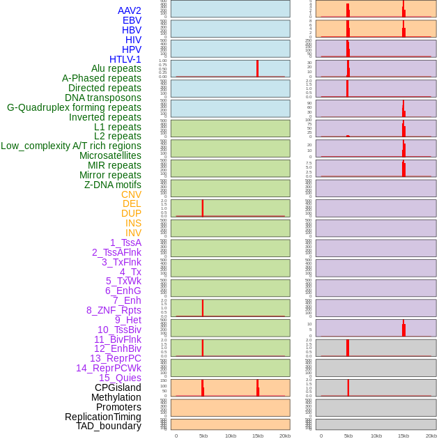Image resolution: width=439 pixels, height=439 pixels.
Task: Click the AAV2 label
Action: [x=129, y=10]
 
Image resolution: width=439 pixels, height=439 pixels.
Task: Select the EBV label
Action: [x=132, y=20]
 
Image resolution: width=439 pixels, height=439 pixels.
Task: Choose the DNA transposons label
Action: [x=102, y=98]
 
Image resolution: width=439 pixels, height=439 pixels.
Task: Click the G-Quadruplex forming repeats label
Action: [x=74, y=107]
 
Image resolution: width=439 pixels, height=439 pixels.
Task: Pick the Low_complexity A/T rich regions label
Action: [x=70, y=146]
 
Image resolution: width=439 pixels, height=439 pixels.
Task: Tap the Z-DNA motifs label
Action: [x=112, y=185]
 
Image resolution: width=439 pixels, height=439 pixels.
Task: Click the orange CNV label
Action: [x=131, y=194]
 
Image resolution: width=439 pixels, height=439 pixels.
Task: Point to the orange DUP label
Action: [x=131, y=213]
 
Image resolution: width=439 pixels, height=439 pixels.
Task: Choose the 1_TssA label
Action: [x=125, y=242]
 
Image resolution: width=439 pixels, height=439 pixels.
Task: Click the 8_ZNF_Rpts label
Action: [x=114, y=310]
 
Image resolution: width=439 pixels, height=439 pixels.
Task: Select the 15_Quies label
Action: [x=119, y=378]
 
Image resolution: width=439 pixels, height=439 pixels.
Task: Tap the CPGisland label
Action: [x=118, y=387]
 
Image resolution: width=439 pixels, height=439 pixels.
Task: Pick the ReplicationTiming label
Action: [x=102, y=417]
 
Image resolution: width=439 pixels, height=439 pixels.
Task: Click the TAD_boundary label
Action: [x=108, y=426]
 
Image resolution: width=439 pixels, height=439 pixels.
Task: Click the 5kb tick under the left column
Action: [x=203, y=436]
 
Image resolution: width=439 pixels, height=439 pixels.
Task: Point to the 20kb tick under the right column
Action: [x=431, y=436]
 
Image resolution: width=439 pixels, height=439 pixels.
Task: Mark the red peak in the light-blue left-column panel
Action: [x=257, y=68]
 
